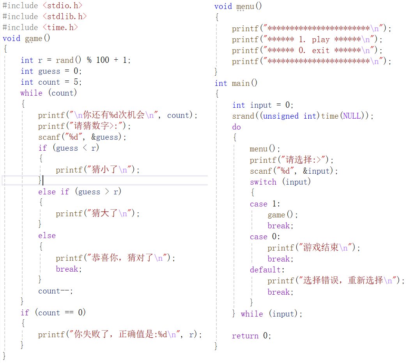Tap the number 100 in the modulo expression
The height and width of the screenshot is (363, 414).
pos(103,60)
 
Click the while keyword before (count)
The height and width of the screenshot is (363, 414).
pos(31,93)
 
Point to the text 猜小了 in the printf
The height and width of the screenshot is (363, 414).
pos(105,169)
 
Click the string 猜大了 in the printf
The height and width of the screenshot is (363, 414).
pos(105,213)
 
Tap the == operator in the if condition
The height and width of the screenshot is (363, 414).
pos(69,313)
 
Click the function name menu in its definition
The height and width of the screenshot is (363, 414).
pos(245,6)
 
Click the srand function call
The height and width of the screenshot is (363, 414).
pos(243,116)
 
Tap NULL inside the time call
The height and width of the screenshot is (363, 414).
pos(352,116)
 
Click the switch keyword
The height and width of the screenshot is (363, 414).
pos(263,182)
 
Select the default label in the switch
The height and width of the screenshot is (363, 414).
pos(267,270)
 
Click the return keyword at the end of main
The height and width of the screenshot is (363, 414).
pos(245,336)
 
